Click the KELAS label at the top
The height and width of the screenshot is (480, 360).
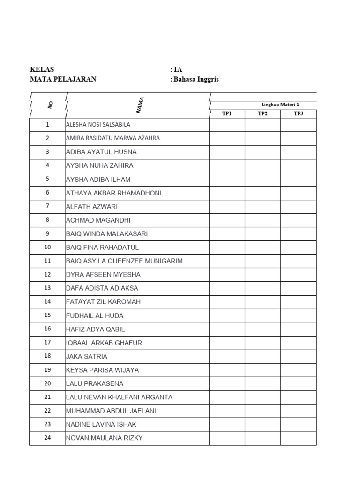(42, 69)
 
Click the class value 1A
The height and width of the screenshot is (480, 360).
(176, 69)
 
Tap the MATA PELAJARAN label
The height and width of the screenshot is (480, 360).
(63, 79)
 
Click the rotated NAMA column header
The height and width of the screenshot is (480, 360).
(140, 105)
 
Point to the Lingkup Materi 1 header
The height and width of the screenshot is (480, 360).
(280, 105)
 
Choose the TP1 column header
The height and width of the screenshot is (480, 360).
(227, 114)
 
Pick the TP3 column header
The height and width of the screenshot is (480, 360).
(299, 114)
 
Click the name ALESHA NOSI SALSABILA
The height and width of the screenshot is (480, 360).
(98, 125)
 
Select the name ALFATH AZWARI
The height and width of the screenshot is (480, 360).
(92, 207)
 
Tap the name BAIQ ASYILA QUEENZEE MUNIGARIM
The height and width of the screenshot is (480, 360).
(124, 261)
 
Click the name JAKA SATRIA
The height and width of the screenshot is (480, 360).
(87, 357)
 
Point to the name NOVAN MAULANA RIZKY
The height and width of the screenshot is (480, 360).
(105, 438)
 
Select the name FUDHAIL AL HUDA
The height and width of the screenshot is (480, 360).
(95, 316)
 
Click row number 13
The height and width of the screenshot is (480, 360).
(47, 288)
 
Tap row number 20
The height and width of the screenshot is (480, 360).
(47, 384)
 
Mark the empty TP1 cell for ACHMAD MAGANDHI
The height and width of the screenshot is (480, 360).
(227, 220)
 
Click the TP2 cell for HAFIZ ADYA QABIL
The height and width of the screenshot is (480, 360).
(262, 330)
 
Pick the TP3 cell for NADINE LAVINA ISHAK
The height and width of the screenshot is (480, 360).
(299, 425)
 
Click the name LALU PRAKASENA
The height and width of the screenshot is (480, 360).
(95, 384)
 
